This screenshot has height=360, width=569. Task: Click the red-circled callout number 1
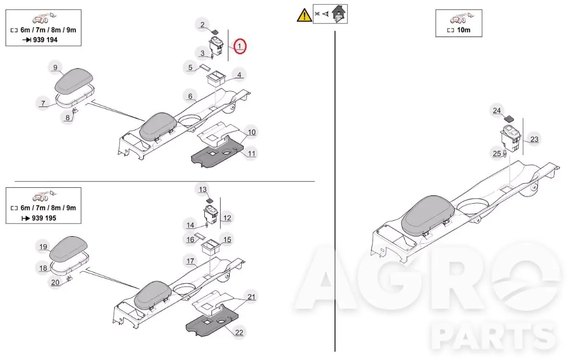click(x=239, y=47)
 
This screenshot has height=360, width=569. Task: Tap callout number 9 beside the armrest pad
click(x=55, y=68)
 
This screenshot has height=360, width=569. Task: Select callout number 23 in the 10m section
click(x=534, y=139)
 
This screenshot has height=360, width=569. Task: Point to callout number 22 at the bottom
click(x=239, y=333)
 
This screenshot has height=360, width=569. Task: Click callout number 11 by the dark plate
click(x=251, y=154)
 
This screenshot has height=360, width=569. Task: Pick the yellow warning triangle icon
click(x=304, y=15)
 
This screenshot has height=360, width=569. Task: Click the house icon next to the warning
click(x=339, y=14)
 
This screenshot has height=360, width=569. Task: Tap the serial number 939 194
click(x=46, y=39)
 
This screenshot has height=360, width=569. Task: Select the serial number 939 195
click(x=44, y=218)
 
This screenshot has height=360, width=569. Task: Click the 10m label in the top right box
click(x=463, y=30)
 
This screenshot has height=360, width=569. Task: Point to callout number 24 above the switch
click(x=497, y=111)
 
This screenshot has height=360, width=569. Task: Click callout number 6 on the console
click(x=190, y=96)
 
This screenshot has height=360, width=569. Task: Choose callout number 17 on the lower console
click(x=190, y=261)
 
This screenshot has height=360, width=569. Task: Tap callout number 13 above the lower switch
click(x=202, y=190)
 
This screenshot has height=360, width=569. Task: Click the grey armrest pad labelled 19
click(x=68, y=249)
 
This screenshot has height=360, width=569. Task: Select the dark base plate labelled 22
click(x=211, y=322)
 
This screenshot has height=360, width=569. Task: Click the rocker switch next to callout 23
click(x=511, y=138)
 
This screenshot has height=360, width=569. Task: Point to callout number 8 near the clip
click(x=68, y=118)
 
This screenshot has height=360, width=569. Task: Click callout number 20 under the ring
click(x=55, y=282)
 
